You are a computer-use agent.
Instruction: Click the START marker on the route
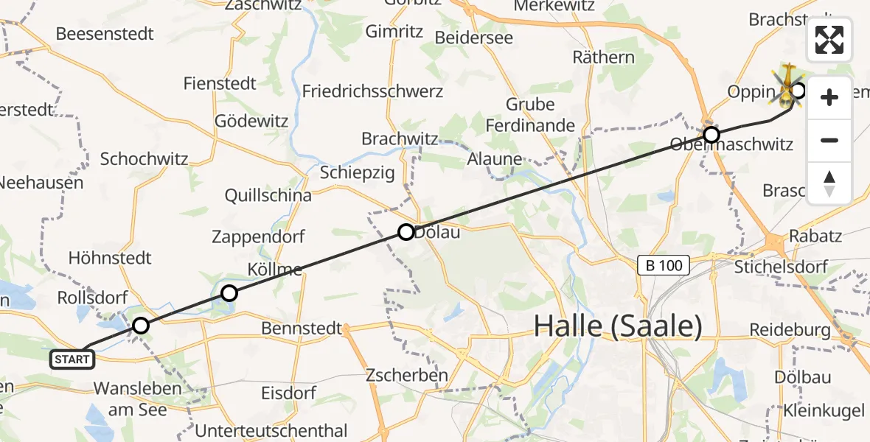click(x=73, y=359)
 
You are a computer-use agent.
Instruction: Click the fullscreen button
click(x=829, y=40)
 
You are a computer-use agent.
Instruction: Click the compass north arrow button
click(x=829, y=183)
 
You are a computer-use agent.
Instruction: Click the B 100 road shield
click(x=664, y=264)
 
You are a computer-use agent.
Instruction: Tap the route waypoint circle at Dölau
click(x=406, y=233)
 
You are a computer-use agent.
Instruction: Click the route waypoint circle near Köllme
click(x=229, y=293)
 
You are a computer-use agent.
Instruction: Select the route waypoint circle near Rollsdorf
click(x=140, y=325)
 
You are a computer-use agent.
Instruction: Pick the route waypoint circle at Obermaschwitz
click(x=711, y=135)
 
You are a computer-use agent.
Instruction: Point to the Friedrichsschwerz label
click(x=372, y=91)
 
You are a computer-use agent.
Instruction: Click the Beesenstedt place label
click(x=105, y=34)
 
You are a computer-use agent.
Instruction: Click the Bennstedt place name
click(x=302, y=328)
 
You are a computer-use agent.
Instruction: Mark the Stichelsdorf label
click(x=781, y=267)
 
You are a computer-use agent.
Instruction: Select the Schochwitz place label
click(x=145, y=158)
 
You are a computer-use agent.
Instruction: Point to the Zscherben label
click(x=406, y=376)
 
